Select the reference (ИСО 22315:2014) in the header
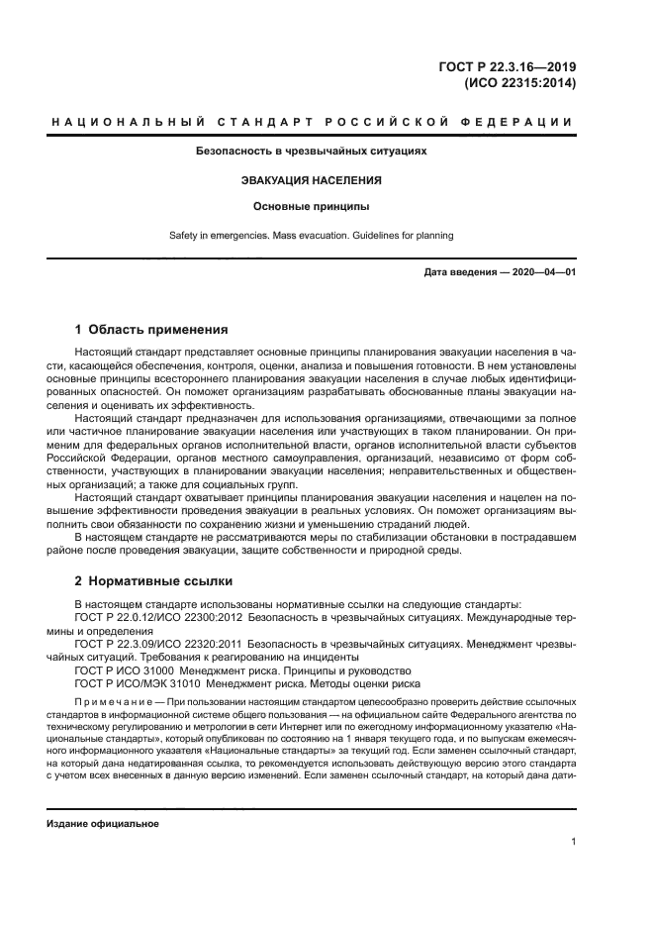[520, 84]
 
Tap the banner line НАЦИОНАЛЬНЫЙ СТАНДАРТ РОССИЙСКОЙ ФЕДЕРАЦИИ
[313, 123]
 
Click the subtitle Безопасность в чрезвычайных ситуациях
[313, 153]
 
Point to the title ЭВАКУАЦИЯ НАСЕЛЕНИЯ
[313, 181]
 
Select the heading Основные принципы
[313, 208]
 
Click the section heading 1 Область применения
[151, 329]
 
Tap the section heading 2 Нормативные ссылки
[153, 580]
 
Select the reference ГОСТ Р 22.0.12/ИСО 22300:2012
[158, 617]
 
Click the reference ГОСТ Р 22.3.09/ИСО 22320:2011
[158, 643]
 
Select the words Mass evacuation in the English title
[305, 236]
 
